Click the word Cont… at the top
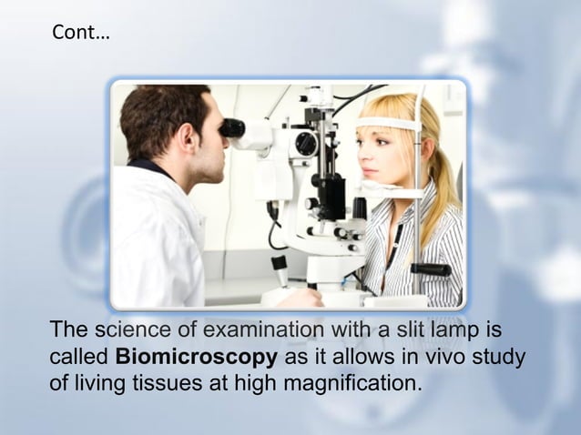coord(80,34)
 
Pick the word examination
coord(238,329)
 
